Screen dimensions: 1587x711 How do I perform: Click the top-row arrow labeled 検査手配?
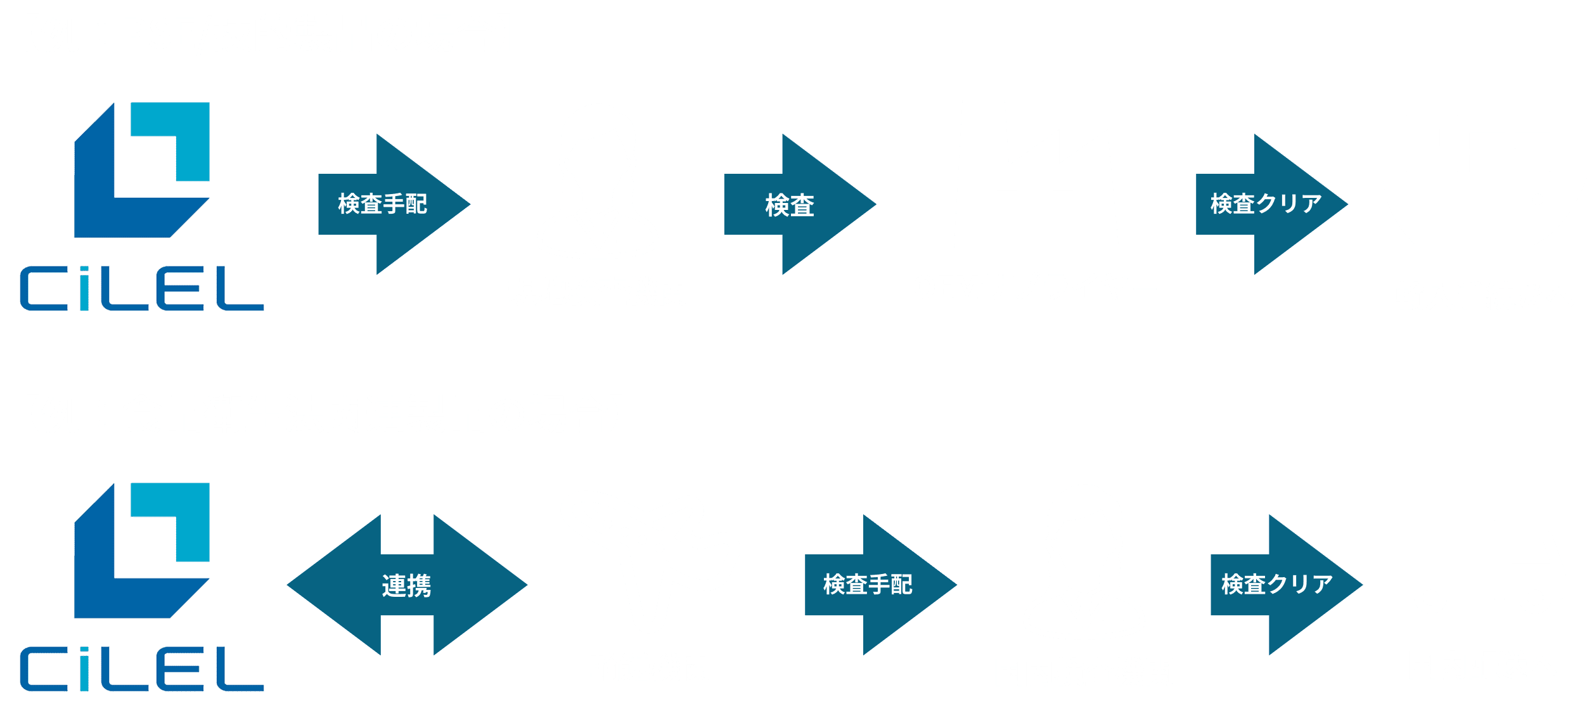[x=394, y=204]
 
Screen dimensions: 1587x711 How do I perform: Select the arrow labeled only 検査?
[x=800, y=204]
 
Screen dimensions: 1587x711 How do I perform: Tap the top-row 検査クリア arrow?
[x=1271, y=204]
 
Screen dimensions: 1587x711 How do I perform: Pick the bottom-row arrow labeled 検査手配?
[x=880, y=585]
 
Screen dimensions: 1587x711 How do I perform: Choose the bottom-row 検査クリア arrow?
[x=1287, y=585]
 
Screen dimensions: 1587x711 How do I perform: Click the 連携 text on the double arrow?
[x=406, y=585]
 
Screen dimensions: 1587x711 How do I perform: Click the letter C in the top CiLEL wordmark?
[x=44, y=289]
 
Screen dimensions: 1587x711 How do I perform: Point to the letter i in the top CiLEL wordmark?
[x=84, y=289]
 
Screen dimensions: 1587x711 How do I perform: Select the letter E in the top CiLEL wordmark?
[x=180, y=289]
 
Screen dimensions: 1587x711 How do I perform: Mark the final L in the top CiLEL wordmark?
[x=240, y=289]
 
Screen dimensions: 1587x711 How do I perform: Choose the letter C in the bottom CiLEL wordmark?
[x=44, y=669]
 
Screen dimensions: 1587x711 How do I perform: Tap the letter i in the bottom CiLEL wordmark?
[x=84, y=669]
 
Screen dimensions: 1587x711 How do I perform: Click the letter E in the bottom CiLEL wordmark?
[x=180, y=669]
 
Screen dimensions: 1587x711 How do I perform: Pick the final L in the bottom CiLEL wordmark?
[x=240, y=669]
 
